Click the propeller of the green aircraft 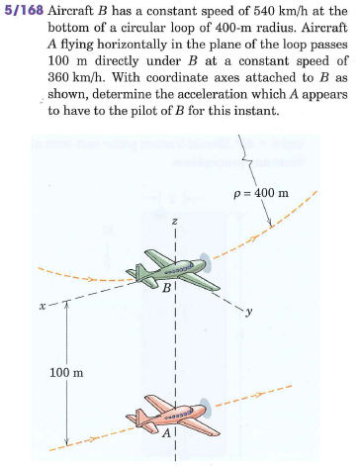(x=204, y=265)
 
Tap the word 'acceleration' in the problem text (x=228, y=97)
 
